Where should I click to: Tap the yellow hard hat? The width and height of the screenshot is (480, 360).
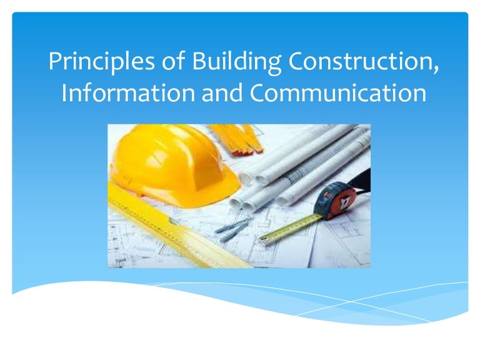(x=169, y=159)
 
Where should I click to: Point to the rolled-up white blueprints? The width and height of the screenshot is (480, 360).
(x=300, y=162)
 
